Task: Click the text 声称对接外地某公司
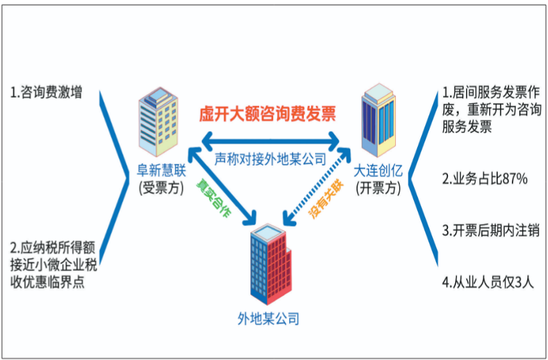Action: coord(270,160)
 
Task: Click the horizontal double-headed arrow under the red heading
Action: coord(270,142)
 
